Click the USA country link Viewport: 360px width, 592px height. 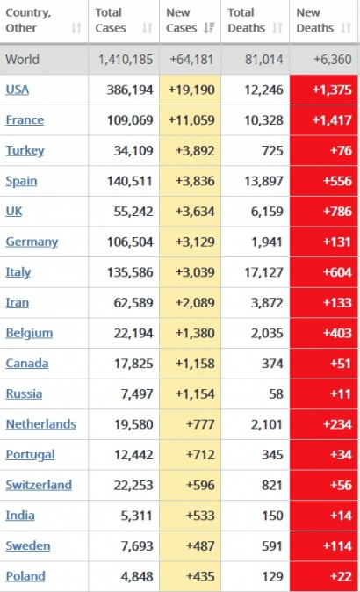tap(17, 90)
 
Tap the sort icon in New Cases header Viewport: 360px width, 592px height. tap(209, 27)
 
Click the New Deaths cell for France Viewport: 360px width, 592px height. tap(324, 120)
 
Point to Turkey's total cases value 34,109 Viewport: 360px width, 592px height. tap(133, 151)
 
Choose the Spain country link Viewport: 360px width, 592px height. tap(21, 181)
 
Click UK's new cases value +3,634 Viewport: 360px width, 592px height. tap(195, 212)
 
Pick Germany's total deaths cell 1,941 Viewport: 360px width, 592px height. tap(267, 242)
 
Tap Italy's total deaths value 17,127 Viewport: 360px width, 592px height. tap(263, 272)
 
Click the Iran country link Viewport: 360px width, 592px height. tap(17, 302)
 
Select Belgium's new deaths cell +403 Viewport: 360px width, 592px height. tap(324, 333)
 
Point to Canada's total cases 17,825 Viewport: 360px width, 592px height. tap(133, 364)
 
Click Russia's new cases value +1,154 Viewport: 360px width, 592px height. tap(195, 393)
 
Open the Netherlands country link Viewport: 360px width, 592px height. tap(40, 424)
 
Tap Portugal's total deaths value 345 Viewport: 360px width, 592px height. tap(272, 455)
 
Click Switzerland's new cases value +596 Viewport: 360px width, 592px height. tap(200, 485)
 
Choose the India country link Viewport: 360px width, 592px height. tap(20, 516)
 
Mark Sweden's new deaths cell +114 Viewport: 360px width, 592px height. tap(324, 546)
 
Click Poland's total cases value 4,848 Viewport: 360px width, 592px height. tap(137, 576)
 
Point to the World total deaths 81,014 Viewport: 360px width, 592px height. tap(263, 59)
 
